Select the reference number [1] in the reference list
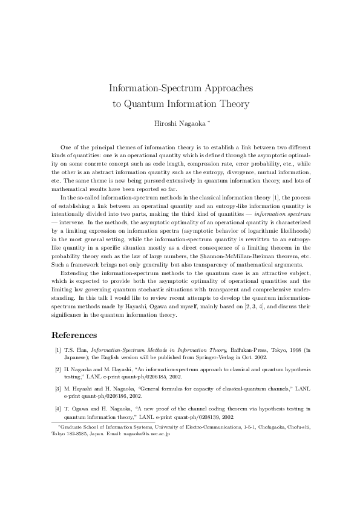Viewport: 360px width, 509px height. [x=57, y=350]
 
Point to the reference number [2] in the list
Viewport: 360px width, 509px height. [x=57, y=368]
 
